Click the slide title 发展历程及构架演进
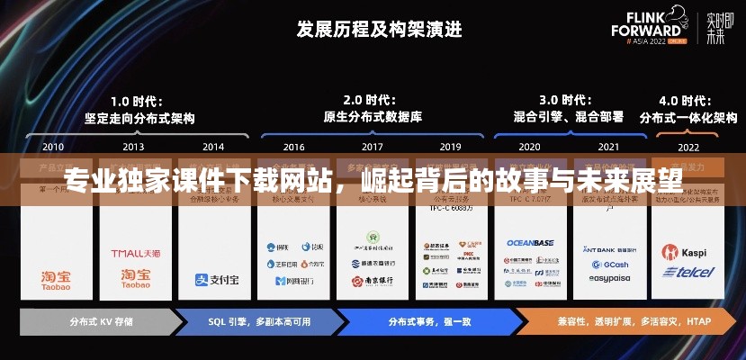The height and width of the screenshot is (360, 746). pos(379,29)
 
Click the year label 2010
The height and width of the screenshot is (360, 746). pos(53,146)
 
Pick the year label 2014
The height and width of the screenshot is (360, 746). pos(213,146)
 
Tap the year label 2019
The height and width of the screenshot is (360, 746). pos(450,146)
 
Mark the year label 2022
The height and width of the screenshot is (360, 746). pos(688,146)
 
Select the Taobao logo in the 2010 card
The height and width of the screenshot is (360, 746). pos(54,279)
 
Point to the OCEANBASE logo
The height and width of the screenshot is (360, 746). pos(529,242)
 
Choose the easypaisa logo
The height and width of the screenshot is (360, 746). pos(608,278)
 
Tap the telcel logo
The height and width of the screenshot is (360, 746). pos(688,272)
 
